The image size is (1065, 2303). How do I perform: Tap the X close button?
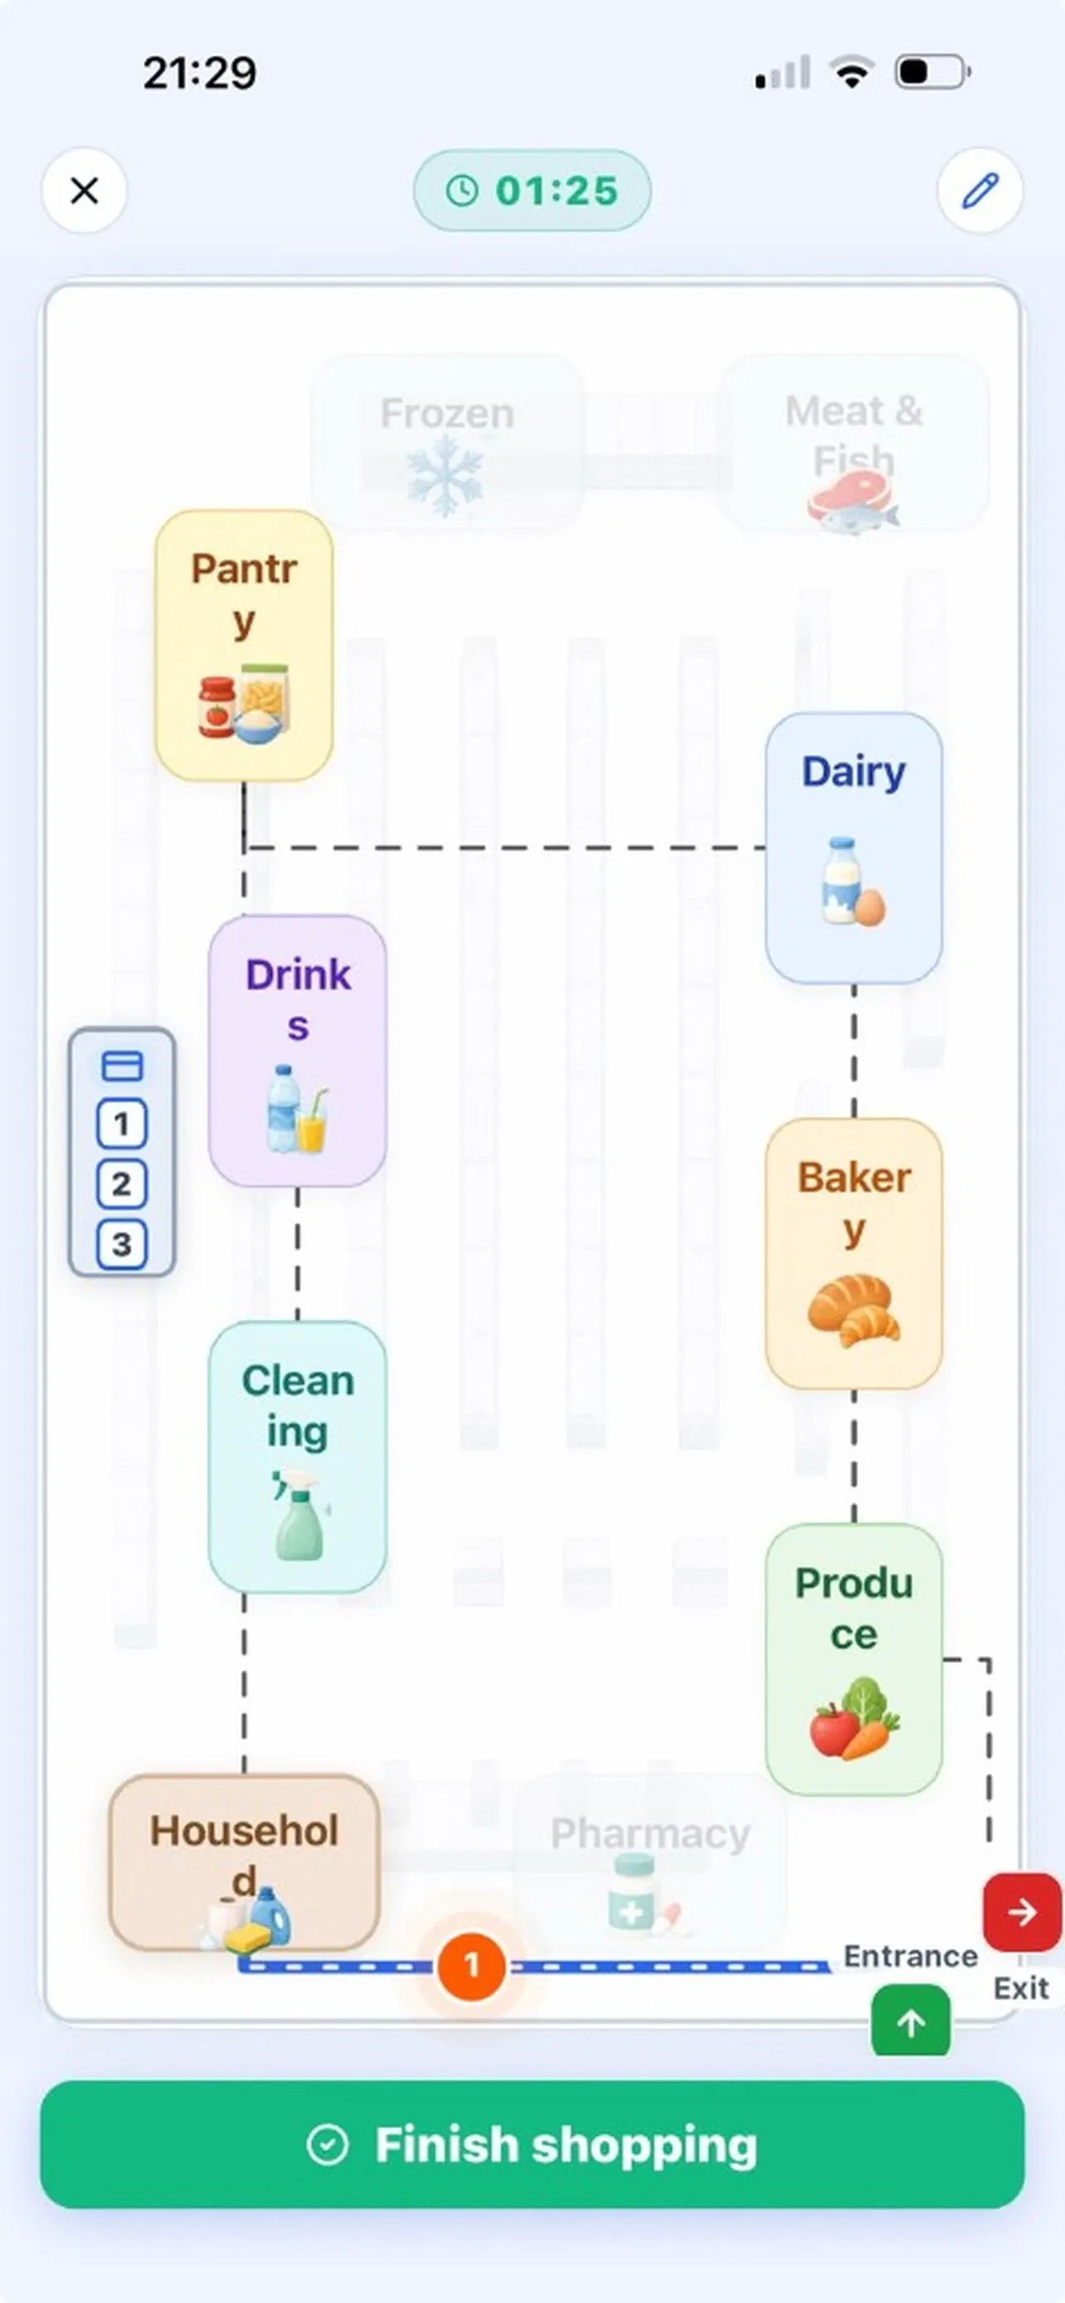pyautogui.click(x=84, y=191)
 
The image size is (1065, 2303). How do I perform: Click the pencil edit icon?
pyautogui.click(x=980, y=191)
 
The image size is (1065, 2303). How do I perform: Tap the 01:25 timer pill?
pyautogui.click(x=532, y=191)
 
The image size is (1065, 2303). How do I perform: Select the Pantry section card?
pyautogui.click(x=244, y=646)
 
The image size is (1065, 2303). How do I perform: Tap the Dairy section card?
pyautogui.click(x=854, y=847)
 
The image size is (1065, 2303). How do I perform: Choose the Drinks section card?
pyautogui.click(x=298, y=1050)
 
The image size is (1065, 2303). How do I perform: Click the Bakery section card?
pyautogui.click(x=854, y=1253)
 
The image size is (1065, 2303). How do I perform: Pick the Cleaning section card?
pyautogui.click(x=298, y=1457)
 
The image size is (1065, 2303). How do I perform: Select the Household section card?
pyautogui.click(x=244, y=1862)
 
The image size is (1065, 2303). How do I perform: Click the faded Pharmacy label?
pyautogui.click(x=650, y=1834)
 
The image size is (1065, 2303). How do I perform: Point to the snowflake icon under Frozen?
pyautogui.click(x=445, y=481)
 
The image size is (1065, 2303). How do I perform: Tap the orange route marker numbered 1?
pyautogui.click(x=471, y=1966)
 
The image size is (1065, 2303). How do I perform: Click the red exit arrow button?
pyautogui.click(x=1023, y=1913)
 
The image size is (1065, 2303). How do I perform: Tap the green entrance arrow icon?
pyautogui.click(x=912, y=2021)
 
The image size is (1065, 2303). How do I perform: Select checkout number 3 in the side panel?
pyautogui.click(x=122, y=1244)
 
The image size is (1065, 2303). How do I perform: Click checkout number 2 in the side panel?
pyautogui.click(x=122, y=1184)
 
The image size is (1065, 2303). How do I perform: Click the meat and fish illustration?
pyautogui.click(x=853, y=502)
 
